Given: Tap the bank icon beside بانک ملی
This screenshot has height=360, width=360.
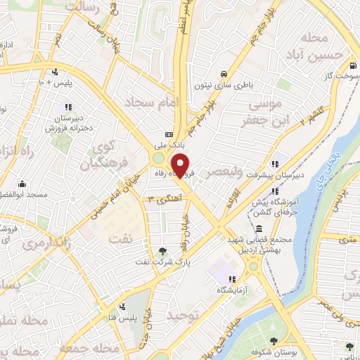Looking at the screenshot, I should [169, 134].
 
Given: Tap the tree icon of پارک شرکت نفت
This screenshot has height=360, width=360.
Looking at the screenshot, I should [163, 250].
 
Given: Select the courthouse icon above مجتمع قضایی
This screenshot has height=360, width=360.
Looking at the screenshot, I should [259, 229].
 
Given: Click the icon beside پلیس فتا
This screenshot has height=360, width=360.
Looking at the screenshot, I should [124, 307].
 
